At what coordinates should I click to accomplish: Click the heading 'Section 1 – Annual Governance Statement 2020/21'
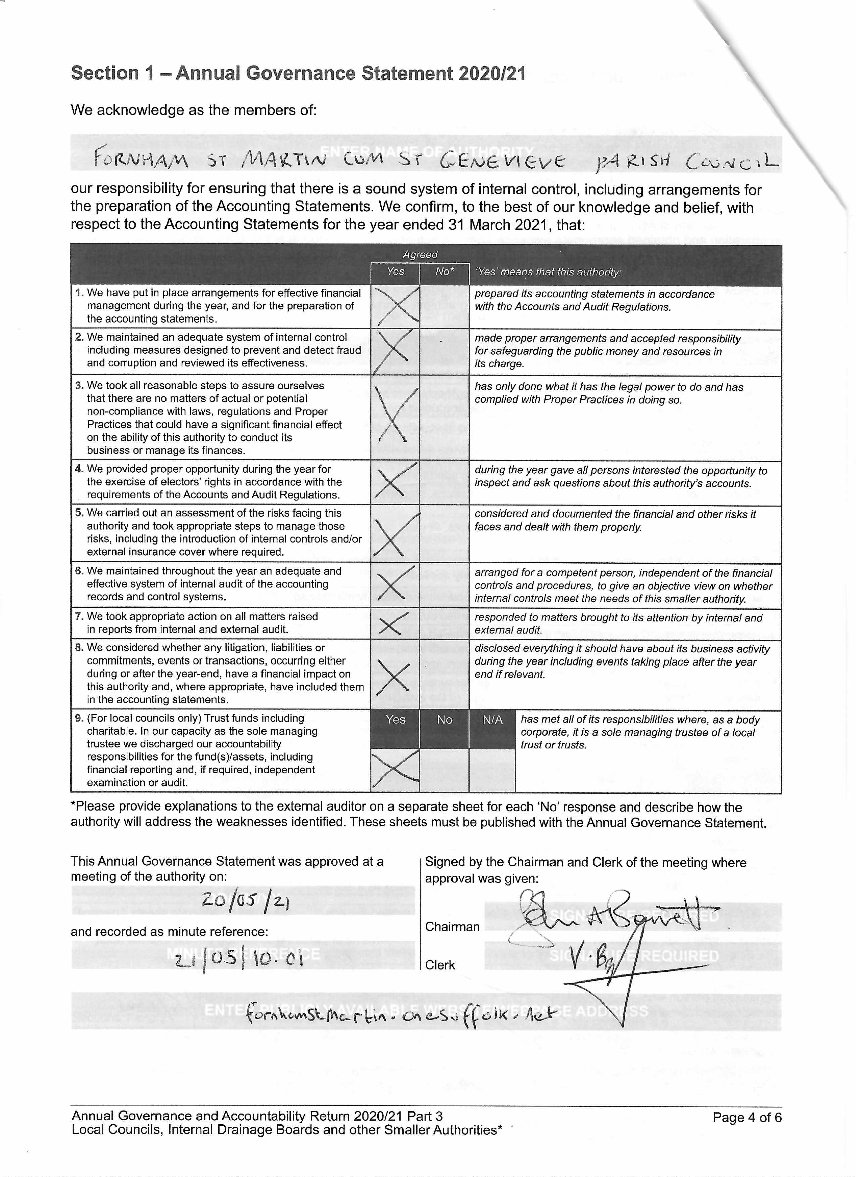[x=298, y=73]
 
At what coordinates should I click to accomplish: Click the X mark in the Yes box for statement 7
[x=394, y=623]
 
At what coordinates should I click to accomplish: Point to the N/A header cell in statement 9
[x=492, y=720]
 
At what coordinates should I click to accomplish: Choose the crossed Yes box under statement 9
[x=395, y=769]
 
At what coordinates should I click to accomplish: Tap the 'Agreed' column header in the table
[x=420, y=254]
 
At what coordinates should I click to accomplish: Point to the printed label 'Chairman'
[x=452, y=926]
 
